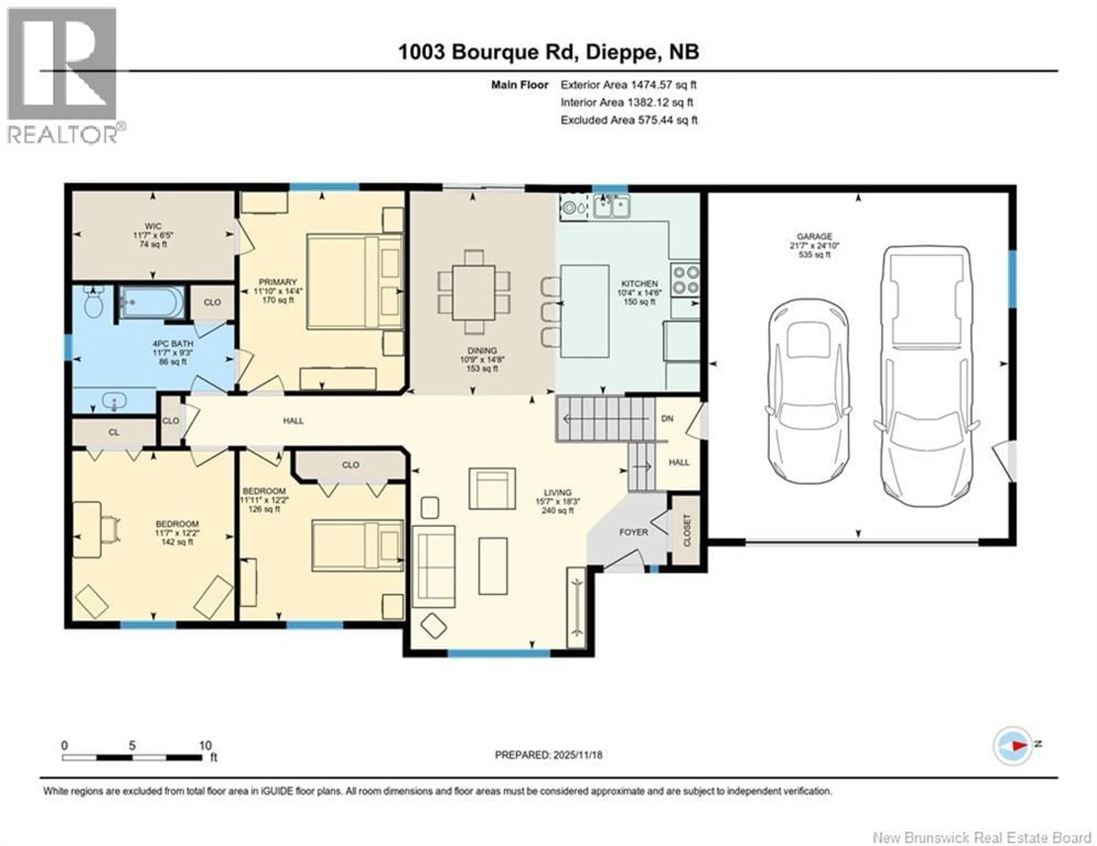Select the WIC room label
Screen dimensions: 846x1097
153,226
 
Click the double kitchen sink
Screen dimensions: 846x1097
612,206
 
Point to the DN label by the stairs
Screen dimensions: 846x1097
667,418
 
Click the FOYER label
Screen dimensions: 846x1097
633,532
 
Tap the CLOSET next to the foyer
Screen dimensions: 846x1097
686,530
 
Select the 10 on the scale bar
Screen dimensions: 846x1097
205,746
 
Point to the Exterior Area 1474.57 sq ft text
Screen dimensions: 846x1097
628,85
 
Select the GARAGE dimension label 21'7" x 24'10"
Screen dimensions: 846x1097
814,245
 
